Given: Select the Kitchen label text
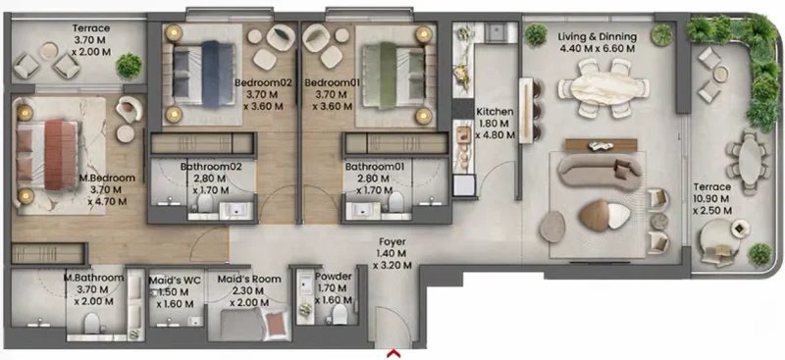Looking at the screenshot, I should [494, 113].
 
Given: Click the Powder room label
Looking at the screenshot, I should [334, 278].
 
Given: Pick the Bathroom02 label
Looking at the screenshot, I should [204, 168].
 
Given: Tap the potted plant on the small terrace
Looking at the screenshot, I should [129, 66].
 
